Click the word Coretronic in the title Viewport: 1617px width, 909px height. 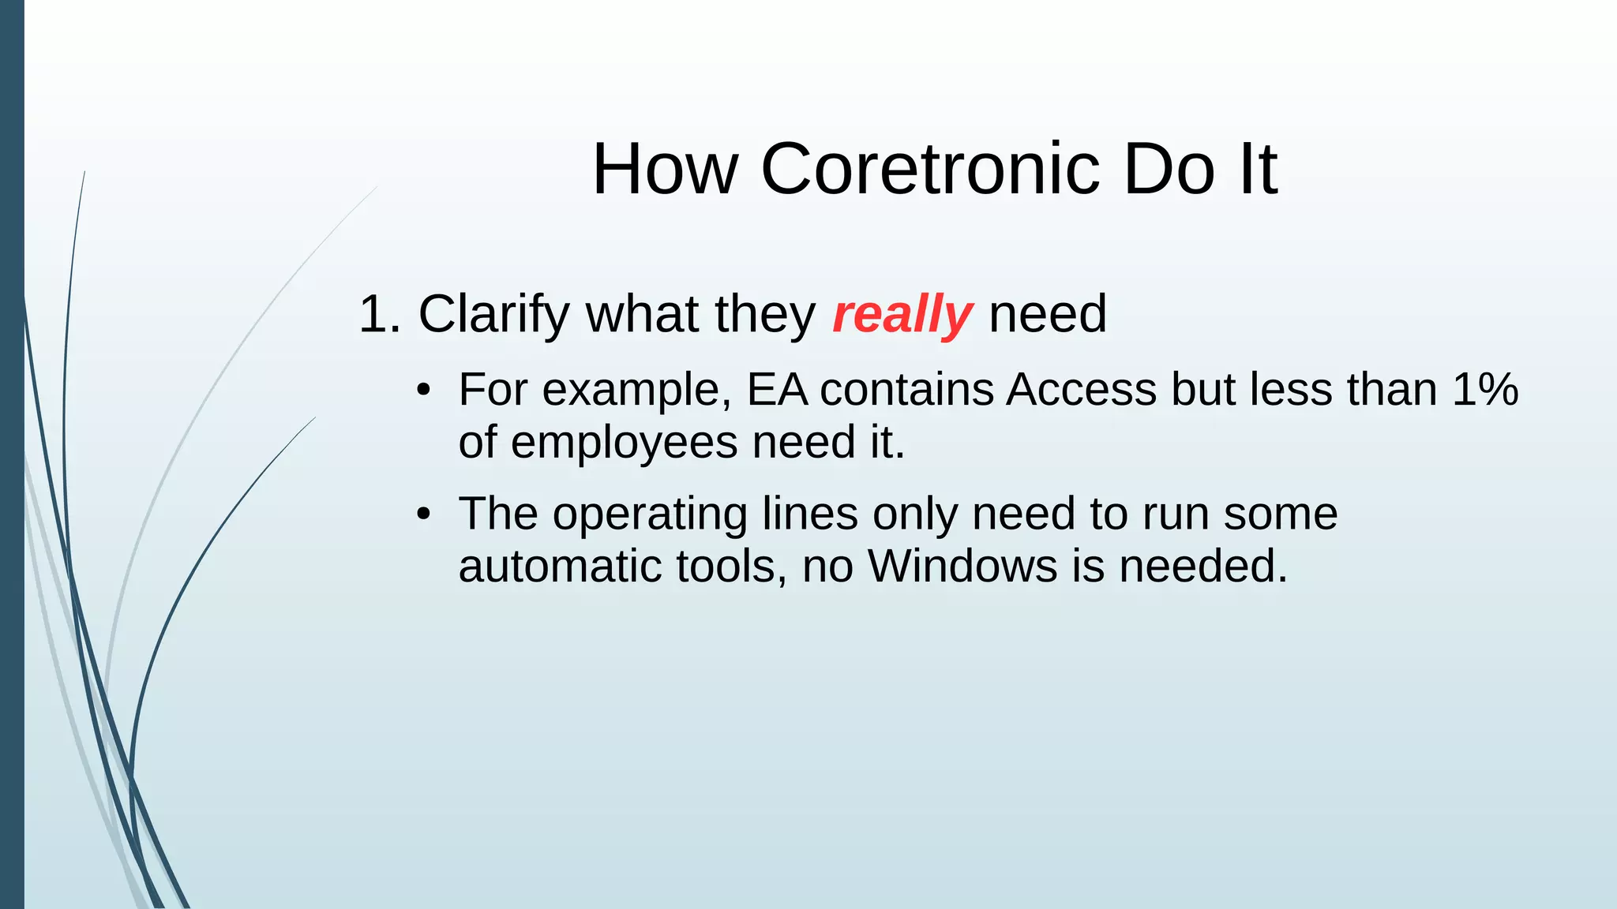(930, 169)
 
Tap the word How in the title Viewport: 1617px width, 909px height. (665, 169)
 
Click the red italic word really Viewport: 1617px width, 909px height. (902, 315)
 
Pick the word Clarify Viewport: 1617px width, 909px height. (493, 315)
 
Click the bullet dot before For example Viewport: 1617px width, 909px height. (424, 391)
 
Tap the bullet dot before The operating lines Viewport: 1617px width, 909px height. (424, 514)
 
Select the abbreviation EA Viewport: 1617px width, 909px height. (777, 390)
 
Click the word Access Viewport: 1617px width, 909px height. (1081, 390)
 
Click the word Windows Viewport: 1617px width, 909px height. (962, 566)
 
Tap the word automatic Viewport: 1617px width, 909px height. (560, 566)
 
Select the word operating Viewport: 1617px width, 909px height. (649, 515)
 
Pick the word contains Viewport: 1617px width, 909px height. (906, 390)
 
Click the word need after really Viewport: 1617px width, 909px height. (1048, 315)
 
